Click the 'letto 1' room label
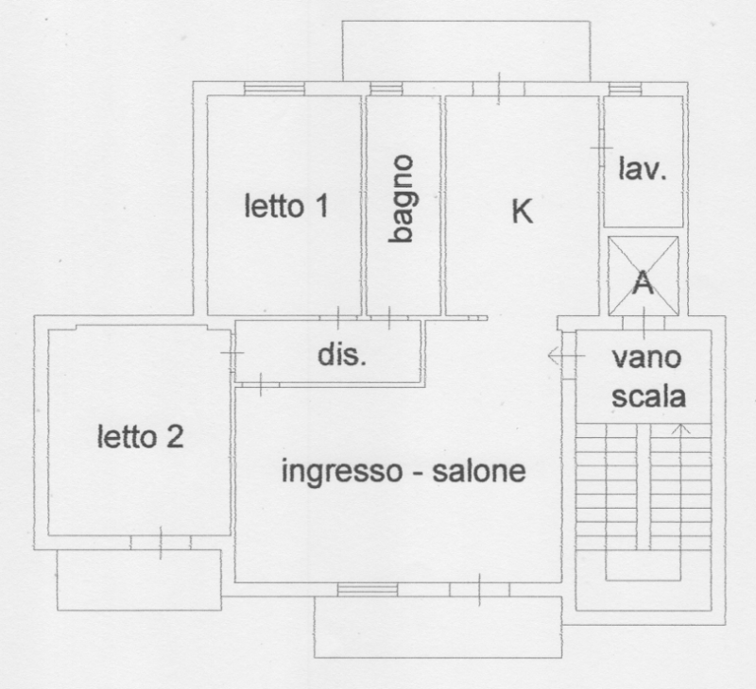pos(286,206)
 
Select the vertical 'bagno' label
pos(403,200)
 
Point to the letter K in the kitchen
pos(522,211)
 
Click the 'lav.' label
pos(643,170)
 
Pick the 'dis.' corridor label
pos(340,357)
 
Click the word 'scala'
pos(646,396)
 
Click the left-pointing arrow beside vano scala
pos(558,356)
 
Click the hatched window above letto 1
pos(274,89)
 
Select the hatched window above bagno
pos(387,89)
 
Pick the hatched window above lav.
pos(625,89)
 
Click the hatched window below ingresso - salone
pos(368,590)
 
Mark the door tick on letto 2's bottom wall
pos(160,543)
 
